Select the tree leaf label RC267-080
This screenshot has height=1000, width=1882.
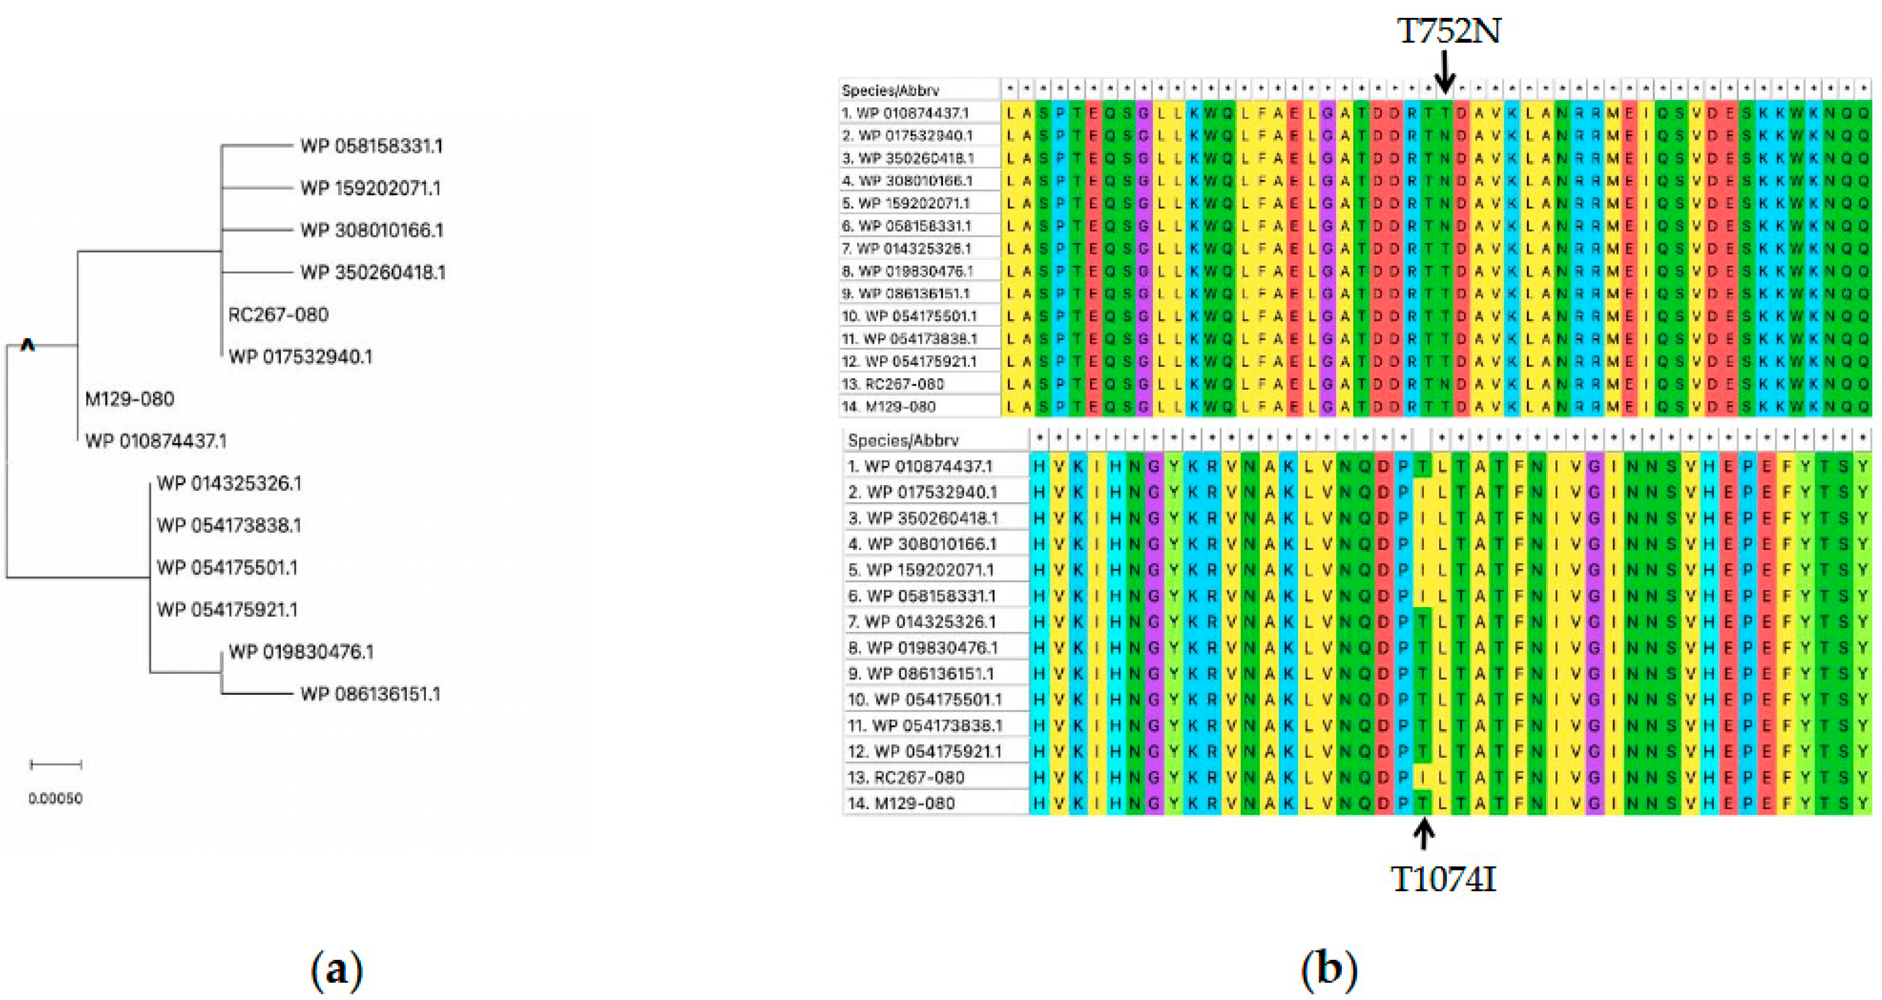pyautogui.click(x=278, y=315)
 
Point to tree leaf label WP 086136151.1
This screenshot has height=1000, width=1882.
pyautogui.click(x=370, y=694)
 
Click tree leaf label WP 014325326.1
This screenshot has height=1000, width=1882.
pyautogui.click(x=229, y=483)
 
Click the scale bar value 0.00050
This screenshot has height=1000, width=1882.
pyautogui.click(x=56, y=799)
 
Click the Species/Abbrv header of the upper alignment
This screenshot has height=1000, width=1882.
pyautogui.click(x=890, y=90)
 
